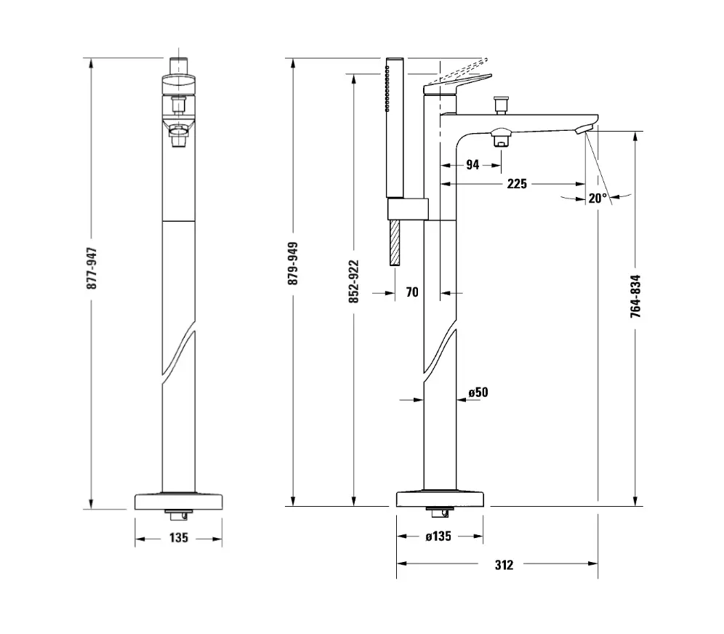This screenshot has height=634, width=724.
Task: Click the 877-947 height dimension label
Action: pyautogui.click(x=92, y=269)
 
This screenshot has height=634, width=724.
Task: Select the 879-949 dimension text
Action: pyautogui.click(x=293, y=263)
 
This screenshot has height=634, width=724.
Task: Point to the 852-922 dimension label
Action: pyautogui.click(x=354, y=281)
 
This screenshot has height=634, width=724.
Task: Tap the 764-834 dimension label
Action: pyautogui.click(x=636, y=297)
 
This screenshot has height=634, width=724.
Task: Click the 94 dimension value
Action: pyautogui.click(x=472, y=165)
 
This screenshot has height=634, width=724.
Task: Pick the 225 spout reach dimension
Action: pyautogui.click(x=517, y=184)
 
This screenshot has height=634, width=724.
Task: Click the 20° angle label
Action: pyautogui.click(x=598, y=198)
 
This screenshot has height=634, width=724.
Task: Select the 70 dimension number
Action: pyautogui.click(x=412, y=292)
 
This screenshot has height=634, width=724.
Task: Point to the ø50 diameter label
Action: pyautogui.click(x=478, y=393)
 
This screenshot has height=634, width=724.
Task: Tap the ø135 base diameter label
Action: pyautogui.click(x=438, y=536)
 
